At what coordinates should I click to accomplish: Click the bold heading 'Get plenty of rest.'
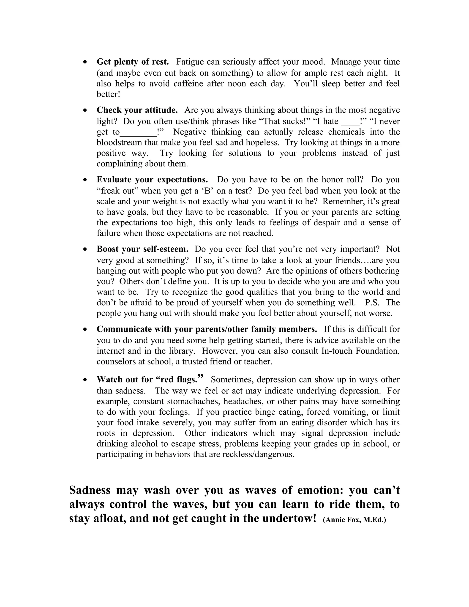pos(133,62)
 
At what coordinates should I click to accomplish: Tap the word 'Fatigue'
pos(190,62)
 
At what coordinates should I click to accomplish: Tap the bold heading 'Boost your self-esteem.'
pos(142,249)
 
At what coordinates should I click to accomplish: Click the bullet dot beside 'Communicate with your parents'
pos(85,329)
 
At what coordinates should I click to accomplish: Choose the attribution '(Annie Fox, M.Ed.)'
pos(354,520)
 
